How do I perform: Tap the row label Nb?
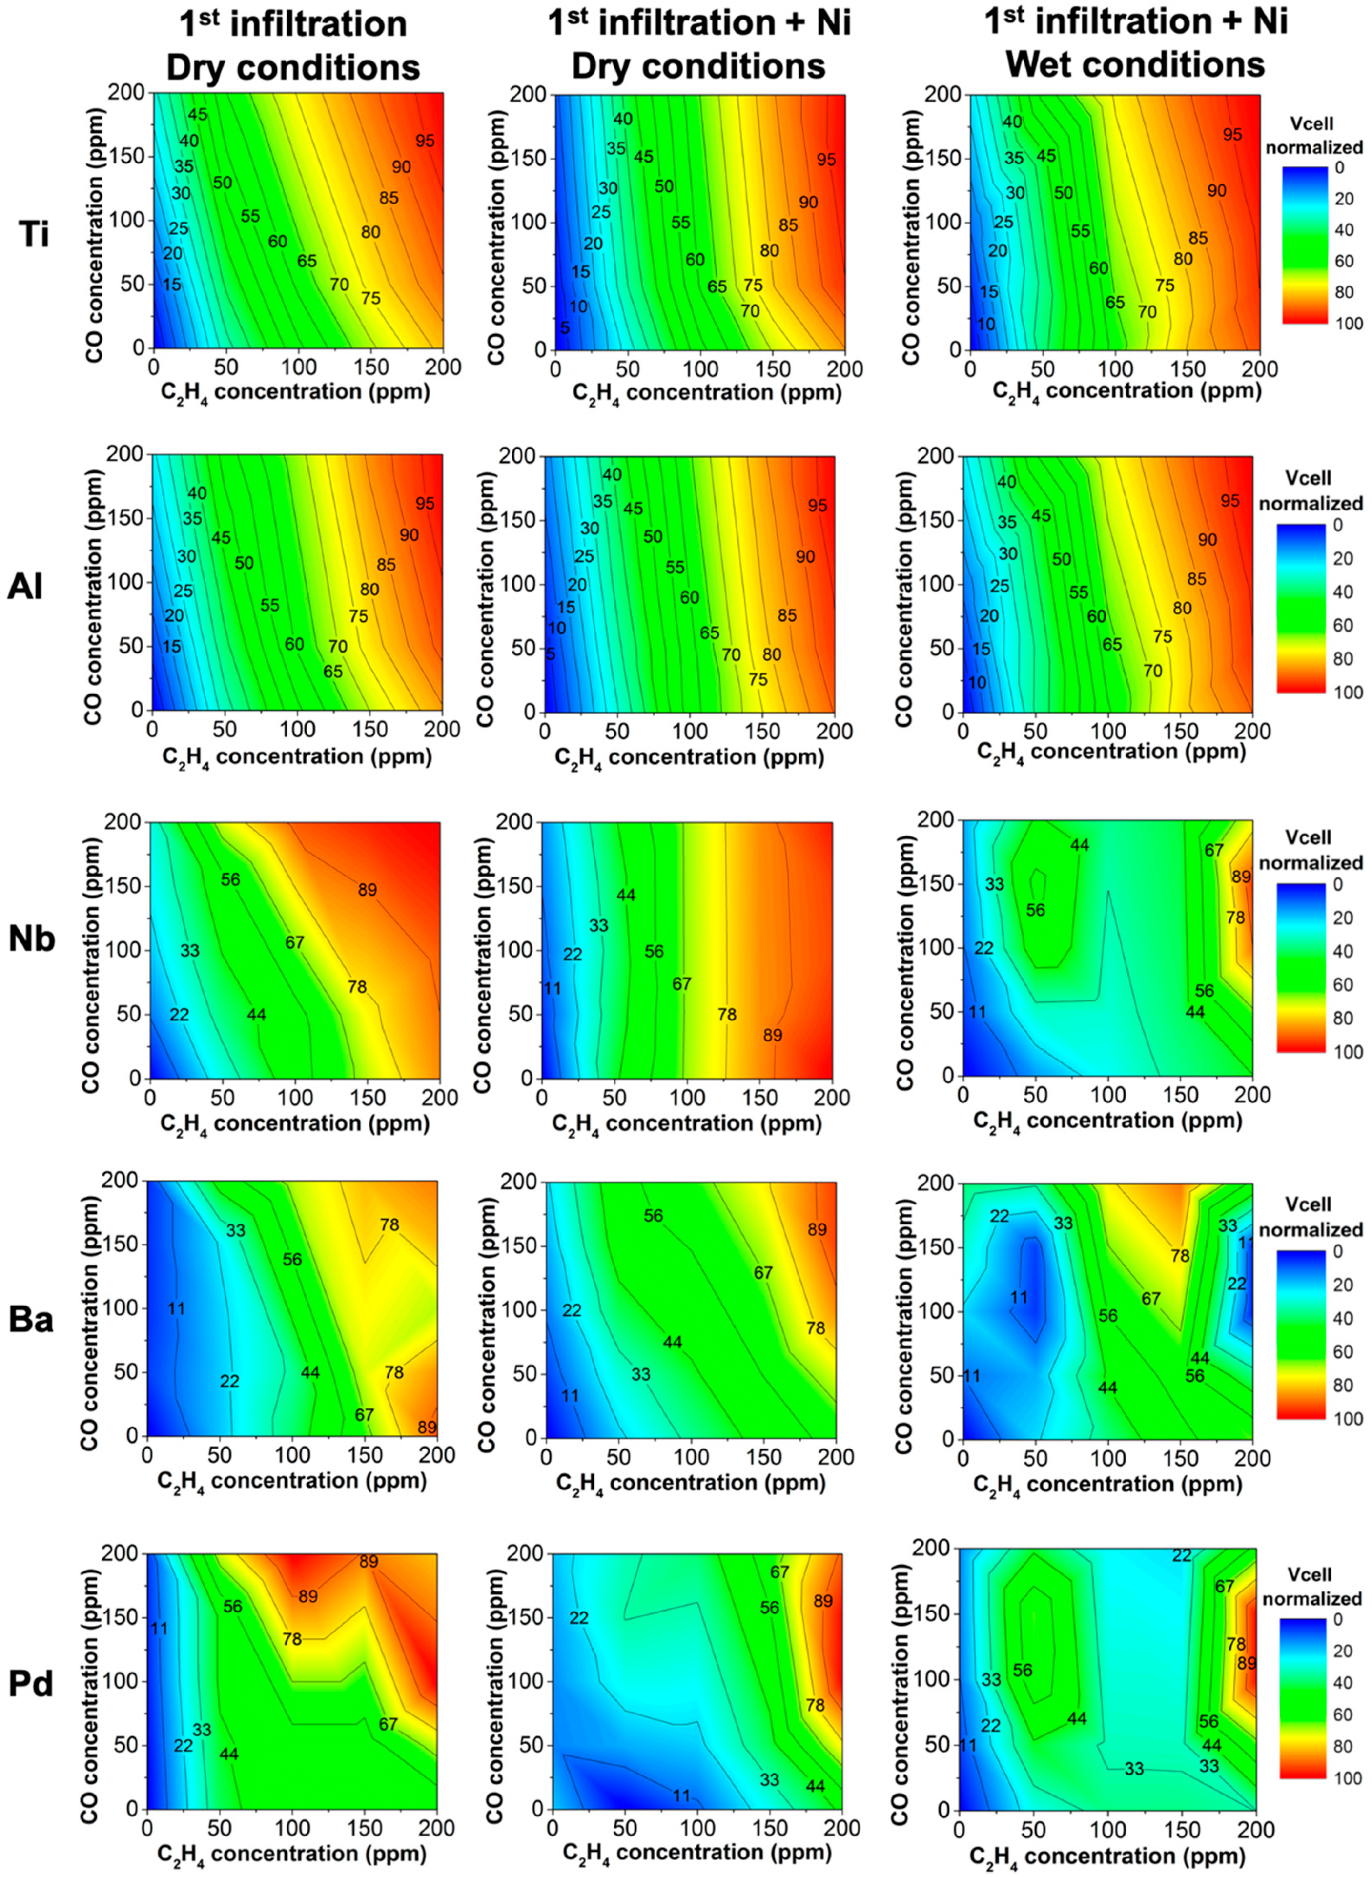click(x=32, y=938)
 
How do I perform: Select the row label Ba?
click(x=31, y=1319)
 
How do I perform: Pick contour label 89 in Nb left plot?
click(x=367, y=890)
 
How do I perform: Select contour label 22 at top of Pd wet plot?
click(x=1182, y=1555)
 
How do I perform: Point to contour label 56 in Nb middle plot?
click(x=655, y=951)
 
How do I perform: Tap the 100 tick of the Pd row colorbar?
click(x=1349, y=1778)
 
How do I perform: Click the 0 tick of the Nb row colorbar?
click(x=1337, y=884)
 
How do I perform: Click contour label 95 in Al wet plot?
click(x=1230, y=501)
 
